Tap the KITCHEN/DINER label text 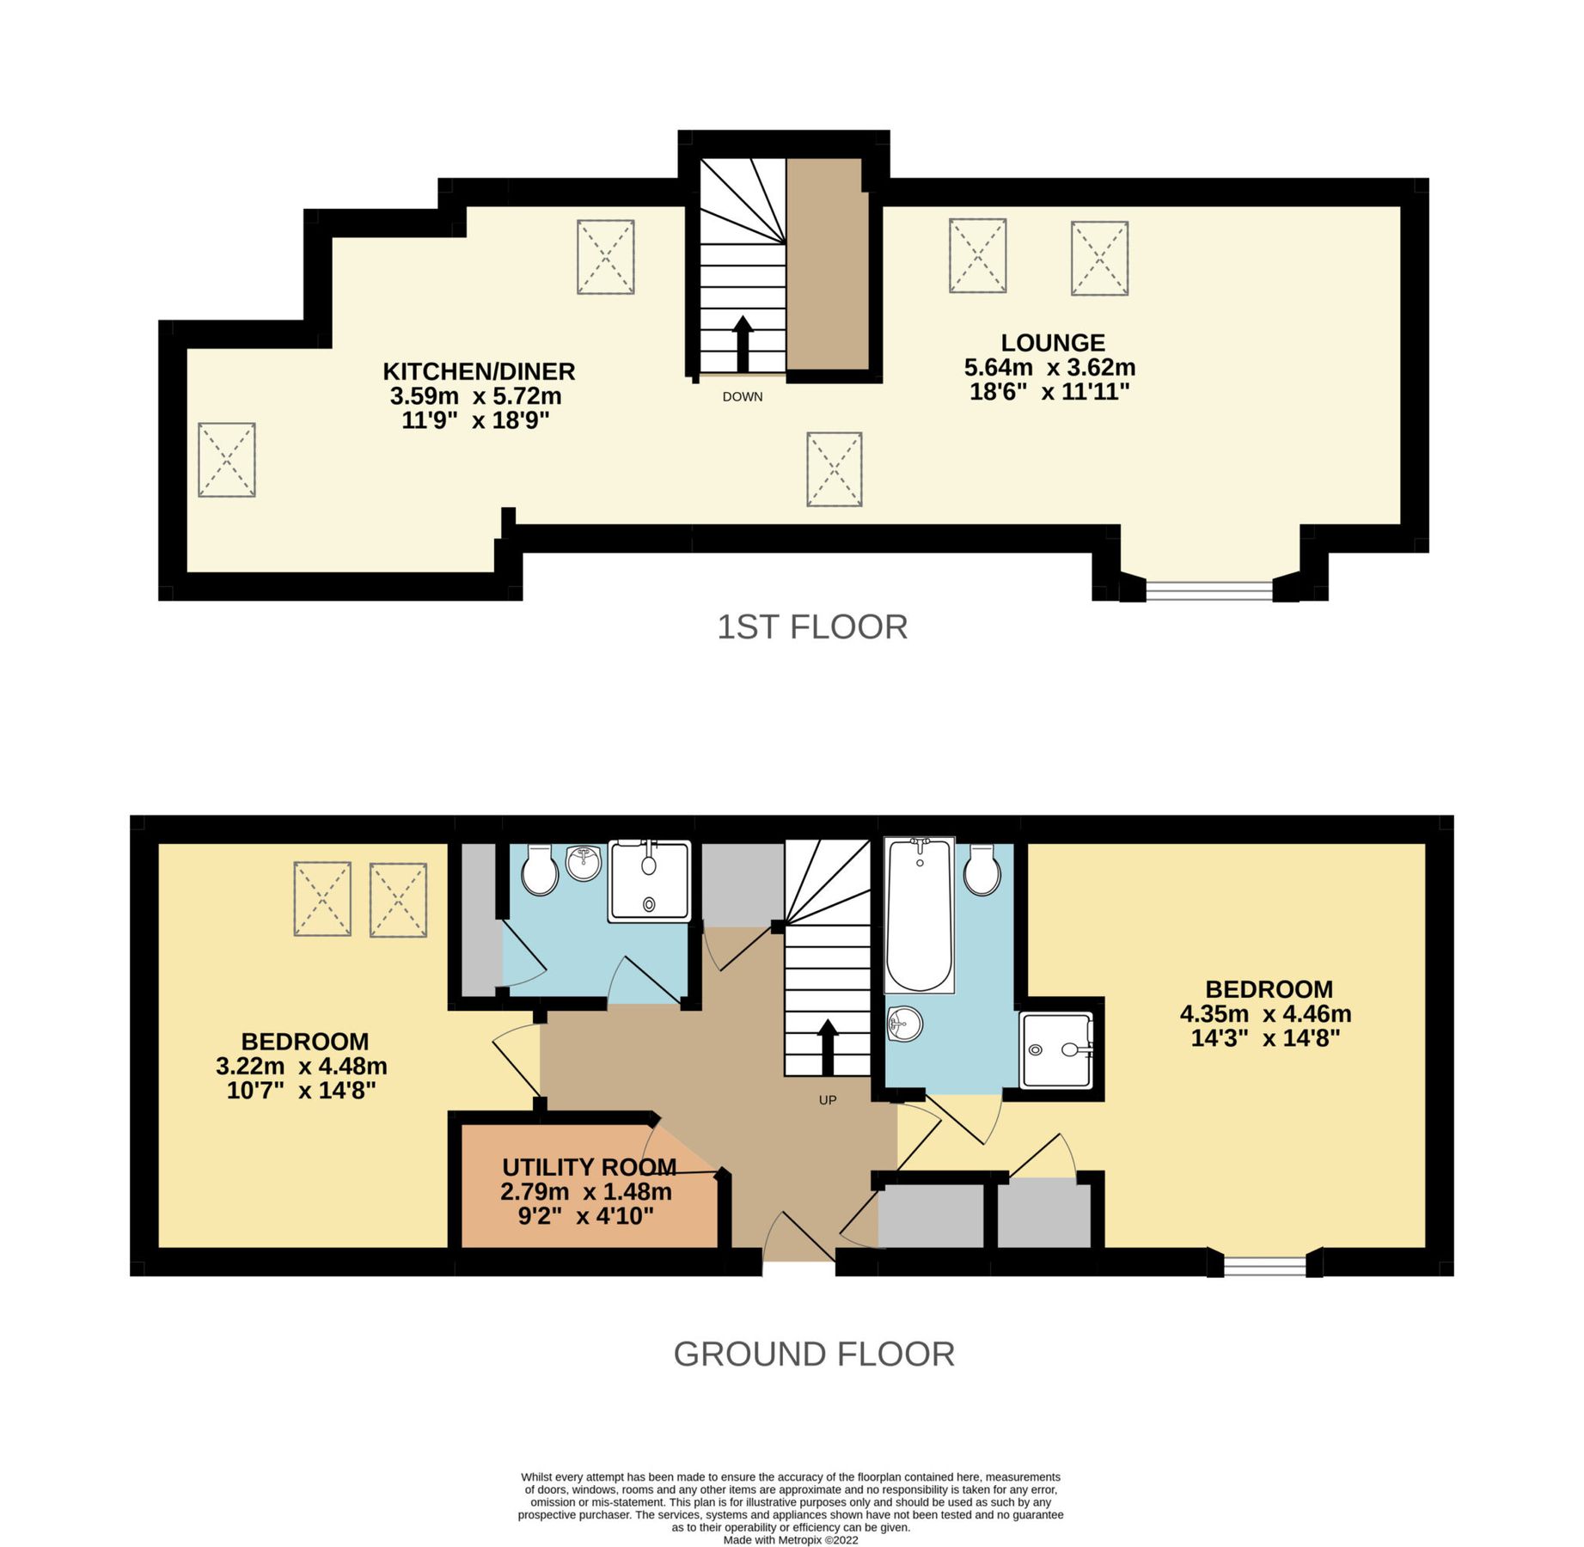point(479,371)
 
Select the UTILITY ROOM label point(589,1167)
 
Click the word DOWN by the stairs point(743,397)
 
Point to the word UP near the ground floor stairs point(828,1100)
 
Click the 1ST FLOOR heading point(812,627)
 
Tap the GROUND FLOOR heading point(814,1354)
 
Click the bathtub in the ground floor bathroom point(919,915)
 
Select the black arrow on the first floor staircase point(743,342)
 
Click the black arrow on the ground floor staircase point(828,1045)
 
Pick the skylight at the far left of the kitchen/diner point(227,460)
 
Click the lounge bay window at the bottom point(1208,590)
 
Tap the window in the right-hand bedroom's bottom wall point(1264,1264)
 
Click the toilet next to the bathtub point(982,871)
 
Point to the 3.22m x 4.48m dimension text point(302,1067)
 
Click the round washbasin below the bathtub point(904,1024)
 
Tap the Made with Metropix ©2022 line point(791,1540)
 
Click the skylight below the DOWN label point(834,469)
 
